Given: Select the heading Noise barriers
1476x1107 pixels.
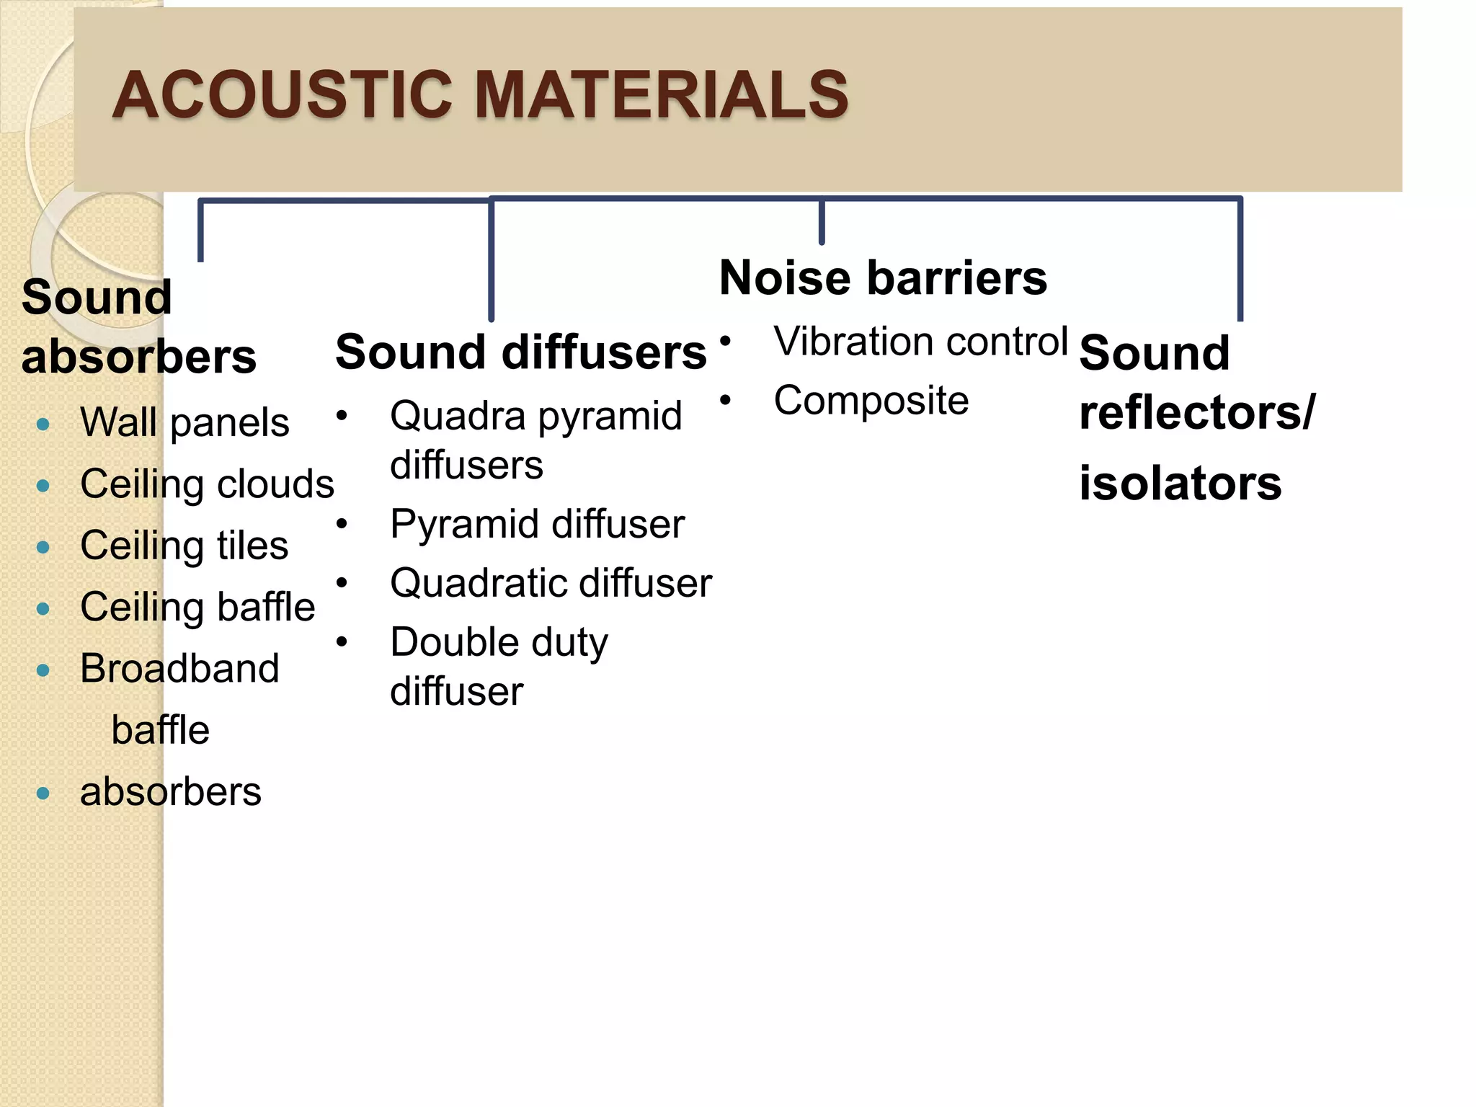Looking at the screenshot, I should click(883, 277).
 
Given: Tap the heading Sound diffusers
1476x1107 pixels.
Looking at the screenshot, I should click(520, 352).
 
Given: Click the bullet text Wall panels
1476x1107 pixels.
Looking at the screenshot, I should click(184, 422).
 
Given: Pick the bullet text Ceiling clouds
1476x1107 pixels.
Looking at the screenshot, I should click(207, 484).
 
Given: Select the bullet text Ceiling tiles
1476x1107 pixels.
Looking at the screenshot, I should click(184, 546).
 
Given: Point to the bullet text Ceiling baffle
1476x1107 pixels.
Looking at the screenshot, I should click(197, 607).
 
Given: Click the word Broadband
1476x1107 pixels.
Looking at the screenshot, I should click(179, 668).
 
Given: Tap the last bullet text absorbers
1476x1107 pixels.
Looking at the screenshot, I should click(171, 792).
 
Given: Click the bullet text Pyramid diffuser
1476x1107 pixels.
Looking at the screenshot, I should click(537, 524).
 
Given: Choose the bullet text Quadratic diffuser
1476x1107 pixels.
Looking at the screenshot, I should click(551, 583).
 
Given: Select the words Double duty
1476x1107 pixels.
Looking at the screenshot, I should click(499, 642).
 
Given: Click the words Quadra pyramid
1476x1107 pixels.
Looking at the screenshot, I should click(535, 416).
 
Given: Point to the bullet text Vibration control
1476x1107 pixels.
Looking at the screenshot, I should click(920, 341).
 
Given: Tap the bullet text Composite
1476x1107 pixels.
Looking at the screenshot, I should click(871, 401).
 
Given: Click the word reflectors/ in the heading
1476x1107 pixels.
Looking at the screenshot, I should click(1197, 412).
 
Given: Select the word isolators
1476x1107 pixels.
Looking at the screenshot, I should click(1181, 483).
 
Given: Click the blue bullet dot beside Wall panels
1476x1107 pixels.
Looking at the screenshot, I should click(43, 424).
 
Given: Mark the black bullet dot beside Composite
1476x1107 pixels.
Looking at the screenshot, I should click(725, 399).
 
